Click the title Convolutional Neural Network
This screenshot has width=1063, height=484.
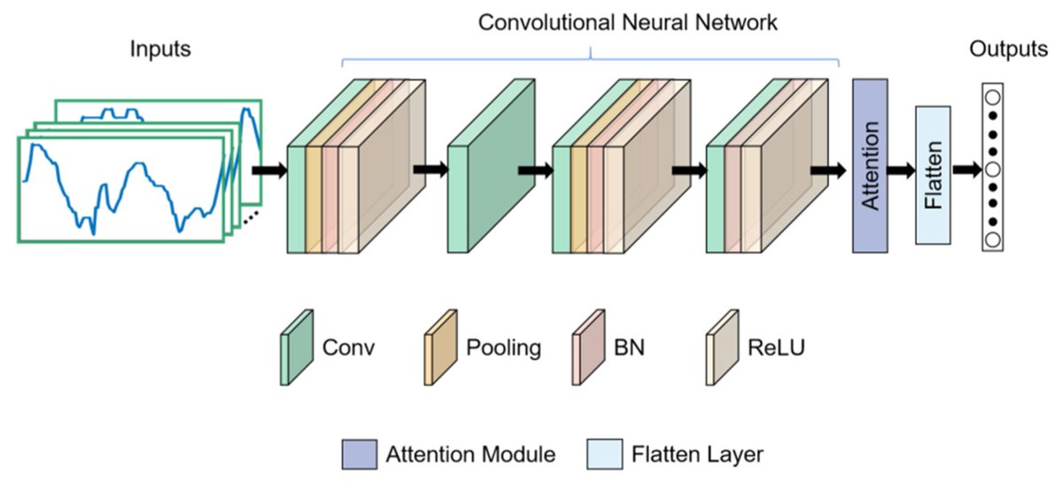tap(628, 21)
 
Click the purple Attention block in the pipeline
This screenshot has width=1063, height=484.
tap(870, 165)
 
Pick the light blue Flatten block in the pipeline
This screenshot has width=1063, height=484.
tap(933, 175)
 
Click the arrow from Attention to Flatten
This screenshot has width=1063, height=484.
tap(900, 169)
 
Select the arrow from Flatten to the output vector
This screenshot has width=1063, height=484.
tap(965, 169)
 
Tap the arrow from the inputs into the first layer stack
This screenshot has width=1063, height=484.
tap(269, 169)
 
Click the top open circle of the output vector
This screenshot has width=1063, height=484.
tap(992, 97)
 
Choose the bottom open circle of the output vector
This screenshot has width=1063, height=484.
tap(992, 239)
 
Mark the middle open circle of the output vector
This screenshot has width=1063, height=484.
tap(992, 168)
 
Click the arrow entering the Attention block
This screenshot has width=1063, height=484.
tap(828, 169)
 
